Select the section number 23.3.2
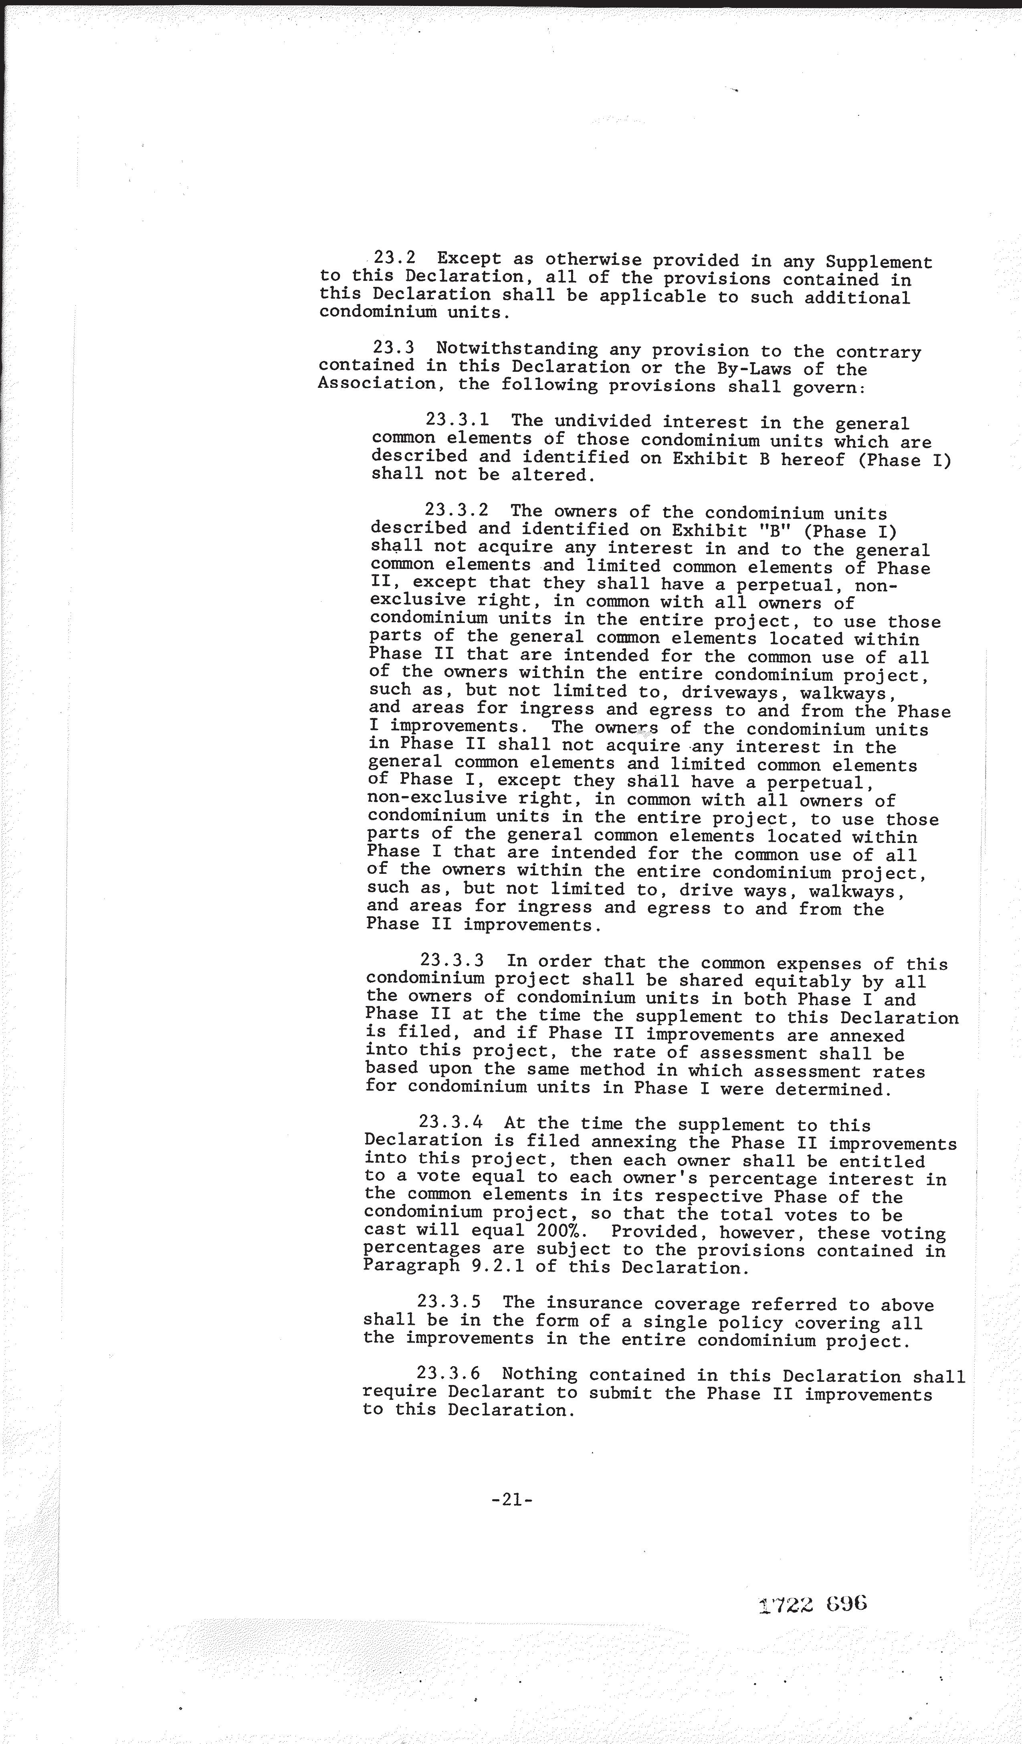tap(456, 510)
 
